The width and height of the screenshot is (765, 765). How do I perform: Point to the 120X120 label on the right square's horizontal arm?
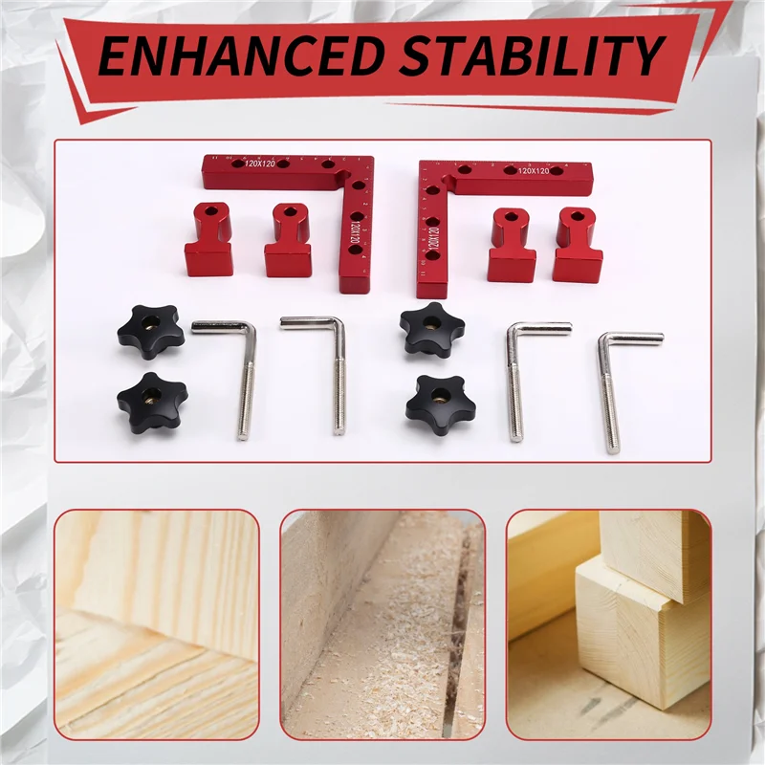[533, 171]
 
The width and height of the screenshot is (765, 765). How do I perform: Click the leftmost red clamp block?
[209, 240]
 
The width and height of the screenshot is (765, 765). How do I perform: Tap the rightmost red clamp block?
[577, 246]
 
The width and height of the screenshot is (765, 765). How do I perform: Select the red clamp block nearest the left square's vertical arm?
[288, 241]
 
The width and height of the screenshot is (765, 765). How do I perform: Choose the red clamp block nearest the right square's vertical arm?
[511, 246]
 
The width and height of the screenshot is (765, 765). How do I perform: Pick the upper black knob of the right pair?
[432, 331]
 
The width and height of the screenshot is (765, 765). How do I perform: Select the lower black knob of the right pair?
[439, 401]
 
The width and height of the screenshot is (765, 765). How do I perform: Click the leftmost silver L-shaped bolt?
[230, 373]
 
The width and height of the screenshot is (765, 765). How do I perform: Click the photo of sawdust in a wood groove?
[382, 623]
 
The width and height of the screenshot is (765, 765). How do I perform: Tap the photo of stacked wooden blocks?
[608, 623]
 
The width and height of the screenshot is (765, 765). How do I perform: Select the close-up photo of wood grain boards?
[156, 623]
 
